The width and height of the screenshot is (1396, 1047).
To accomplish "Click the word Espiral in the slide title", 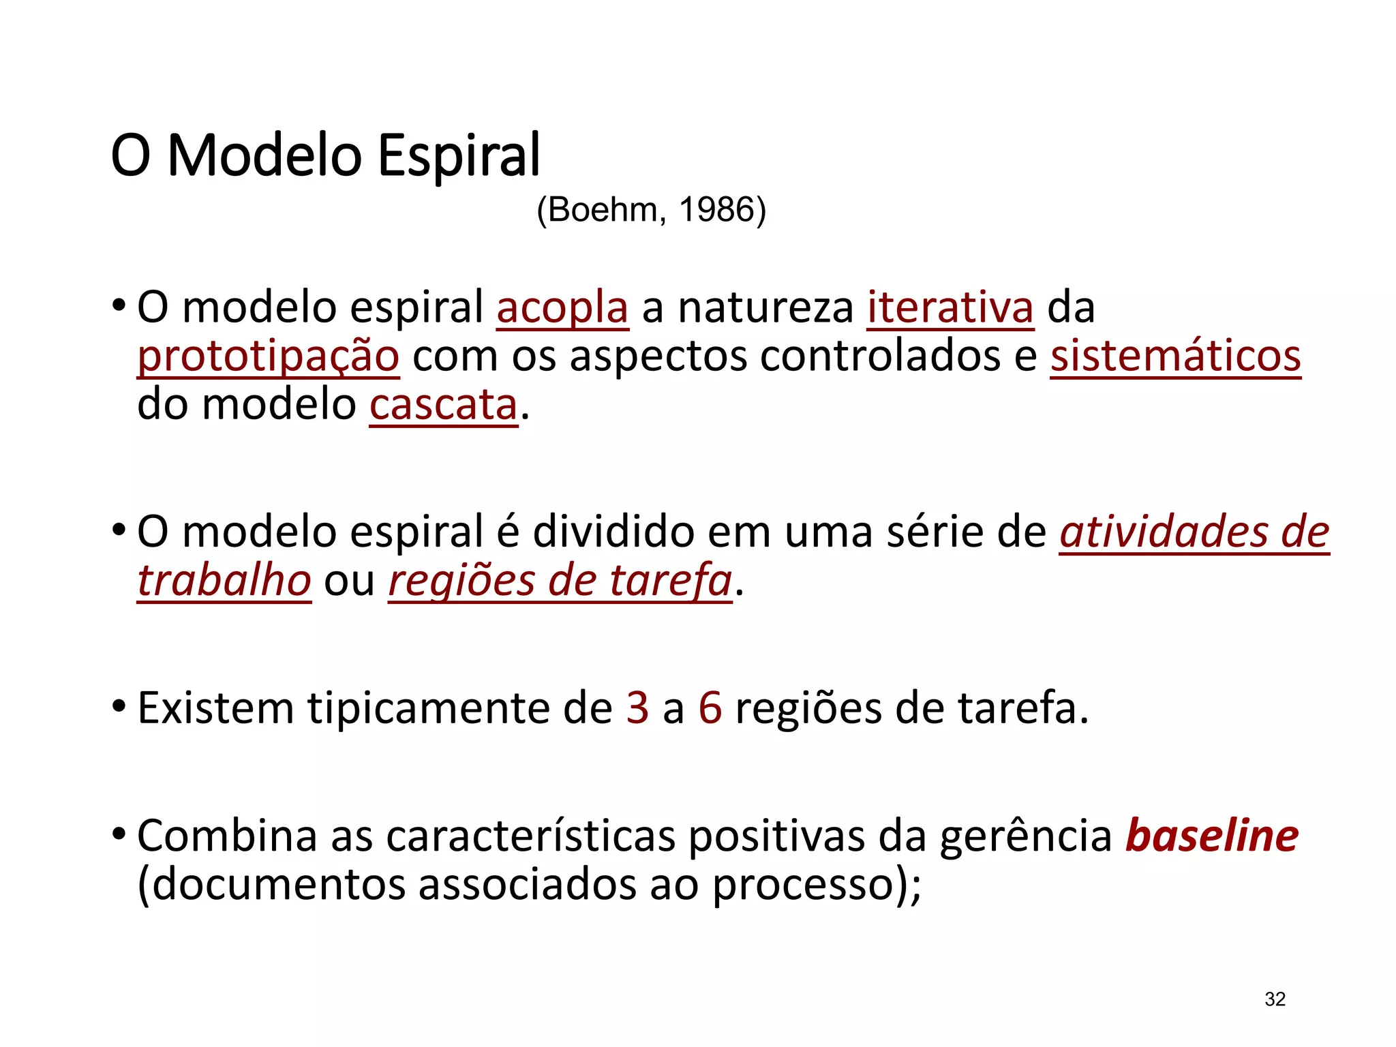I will (x=459, y=156).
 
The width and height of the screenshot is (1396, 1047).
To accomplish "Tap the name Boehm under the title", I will (x=603, y=209).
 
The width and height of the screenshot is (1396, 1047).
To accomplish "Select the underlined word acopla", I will (x=562, y=308).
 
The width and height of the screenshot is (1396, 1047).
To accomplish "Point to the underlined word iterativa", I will (x=950, y=308).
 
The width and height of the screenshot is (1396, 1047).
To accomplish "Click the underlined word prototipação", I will (x=269, y=356).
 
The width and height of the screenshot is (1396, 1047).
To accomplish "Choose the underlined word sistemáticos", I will (x=1175, y=356).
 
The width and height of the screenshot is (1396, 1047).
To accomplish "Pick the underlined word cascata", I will (x=444, y=405).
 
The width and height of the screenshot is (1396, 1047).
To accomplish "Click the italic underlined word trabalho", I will (x=224, y=581).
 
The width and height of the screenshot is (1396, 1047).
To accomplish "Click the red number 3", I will (x=637, y=708).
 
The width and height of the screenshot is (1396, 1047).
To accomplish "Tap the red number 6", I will (x=710, y=708).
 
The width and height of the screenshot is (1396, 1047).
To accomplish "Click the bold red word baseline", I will (x=1211, y=836).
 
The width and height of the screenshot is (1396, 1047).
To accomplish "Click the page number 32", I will (x=1275, y=999).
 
